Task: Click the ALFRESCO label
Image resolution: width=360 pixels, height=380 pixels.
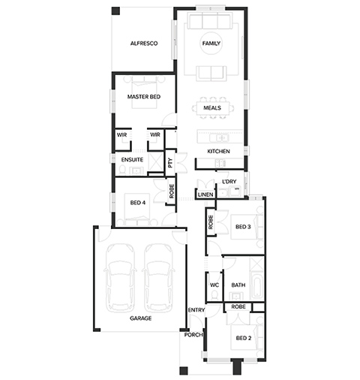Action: coord(144,44)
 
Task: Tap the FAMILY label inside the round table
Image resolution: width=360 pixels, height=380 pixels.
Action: coord(211,44)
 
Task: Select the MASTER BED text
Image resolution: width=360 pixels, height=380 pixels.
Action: coord(144,97)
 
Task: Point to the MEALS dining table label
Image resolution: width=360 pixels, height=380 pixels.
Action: coord(212,108)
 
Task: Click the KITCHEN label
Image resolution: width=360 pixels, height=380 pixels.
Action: coord(218,151)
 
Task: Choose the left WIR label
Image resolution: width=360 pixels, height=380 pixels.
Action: coord(121,135)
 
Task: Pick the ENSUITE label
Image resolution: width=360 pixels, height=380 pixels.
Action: coord(132,160)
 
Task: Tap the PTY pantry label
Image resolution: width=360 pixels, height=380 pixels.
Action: coord(170,163)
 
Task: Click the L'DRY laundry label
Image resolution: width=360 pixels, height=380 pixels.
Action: coord(229,182)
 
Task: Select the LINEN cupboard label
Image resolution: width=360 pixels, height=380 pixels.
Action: coord(205,195)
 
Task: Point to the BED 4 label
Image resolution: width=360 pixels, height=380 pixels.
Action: coord(138,203)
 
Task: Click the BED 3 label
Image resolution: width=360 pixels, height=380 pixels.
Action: coord(243,227)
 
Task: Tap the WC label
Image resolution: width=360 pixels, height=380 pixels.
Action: coord(214,285)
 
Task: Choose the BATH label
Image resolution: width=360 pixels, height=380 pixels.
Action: coord(238,285)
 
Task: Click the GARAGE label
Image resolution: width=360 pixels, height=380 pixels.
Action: coord(140,318)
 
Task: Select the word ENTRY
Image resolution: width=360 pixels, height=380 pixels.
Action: coord(196,310)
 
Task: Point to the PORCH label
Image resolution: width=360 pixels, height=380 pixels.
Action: coord(193,335)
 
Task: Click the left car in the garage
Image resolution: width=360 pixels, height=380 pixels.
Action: coord(120,278)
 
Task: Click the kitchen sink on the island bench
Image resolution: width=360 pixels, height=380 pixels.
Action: coord(219,138)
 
